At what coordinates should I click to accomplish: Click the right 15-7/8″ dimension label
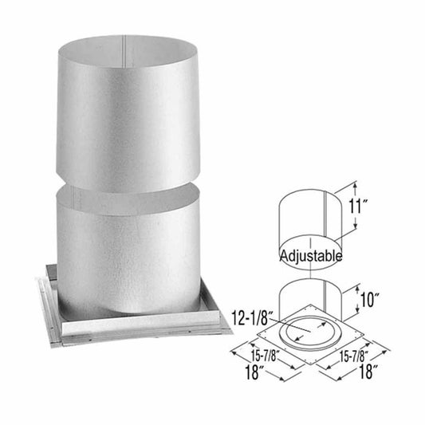pyautogui.click(x=358, y=359)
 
